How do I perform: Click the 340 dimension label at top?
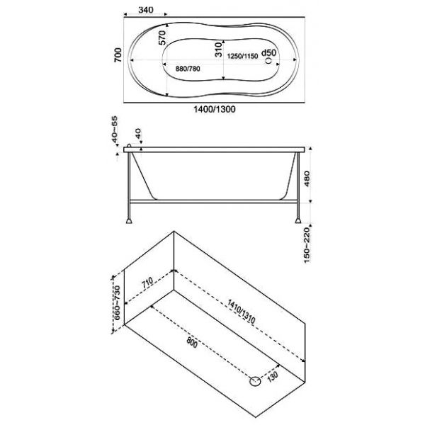[146, 10]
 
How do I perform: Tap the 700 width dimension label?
[118, 55]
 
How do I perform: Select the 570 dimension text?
[161, 38]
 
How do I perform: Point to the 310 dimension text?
[218, 50]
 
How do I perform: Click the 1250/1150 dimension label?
[242, 56]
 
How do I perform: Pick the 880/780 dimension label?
[188, 69]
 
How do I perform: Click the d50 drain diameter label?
[268, 52]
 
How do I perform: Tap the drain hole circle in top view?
[268, 60]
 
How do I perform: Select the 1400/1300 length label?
[214, 109]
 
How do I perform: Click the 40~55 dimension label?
[115, 130]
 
